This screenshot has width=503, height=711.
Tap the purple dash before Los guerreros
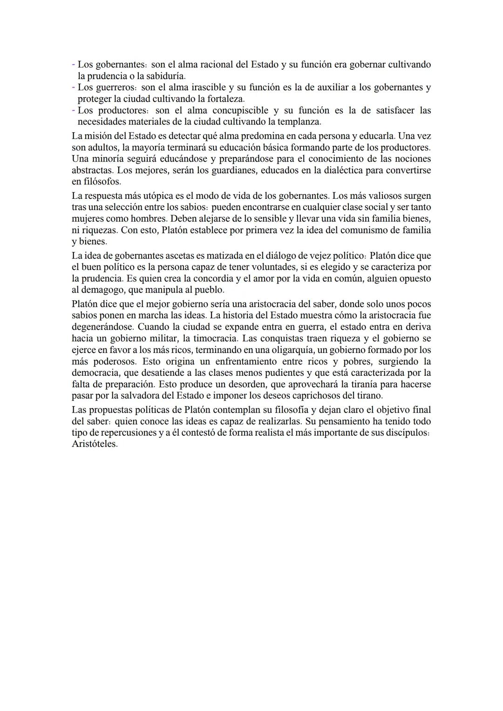74,87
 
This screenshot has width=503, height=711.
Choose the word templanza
299,122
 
